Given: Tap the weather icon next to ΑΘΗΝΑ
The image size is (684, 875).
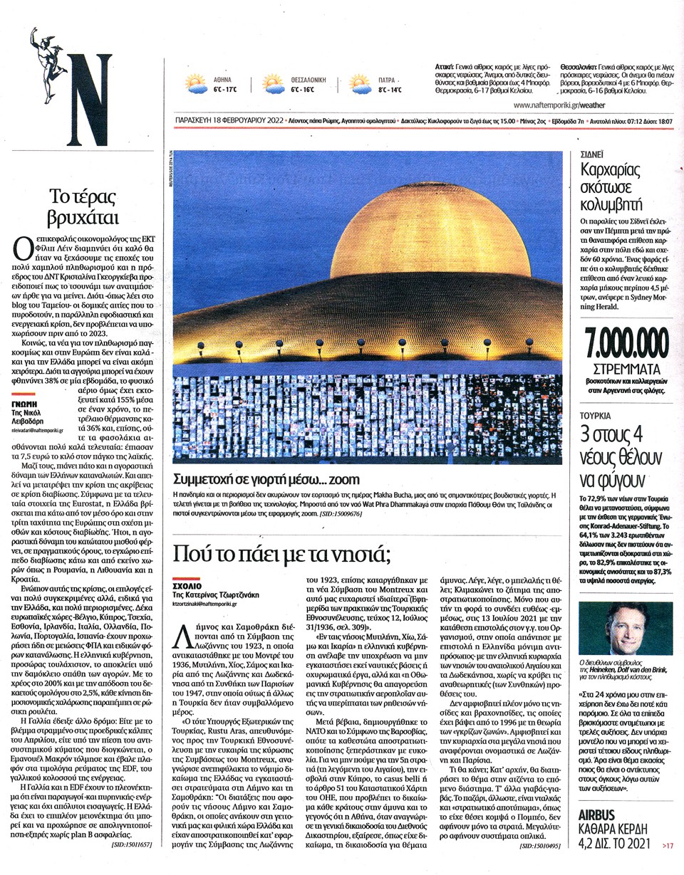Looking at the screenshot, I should (196, 84).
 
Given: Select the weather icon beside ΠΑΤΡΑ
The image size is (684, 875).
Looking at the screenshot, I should (360, 84).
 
